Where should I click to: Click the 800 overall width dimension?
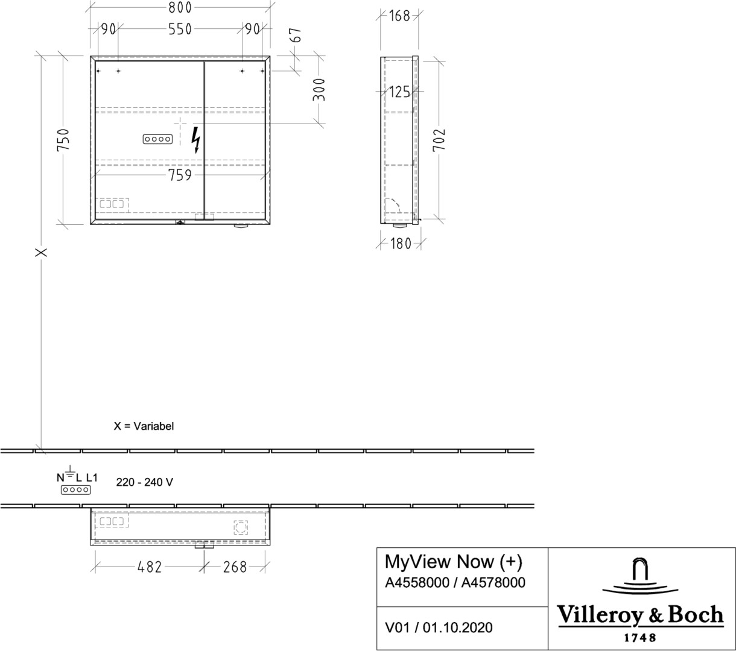pyautogui.click(x=180, y=8)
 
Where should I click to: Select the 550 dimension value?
pyautogui.click(x=180, y=29)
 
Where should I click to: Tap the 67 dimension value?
pyautogui.click(x=296, y=35)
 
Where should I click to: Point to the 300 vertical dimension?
pyautogui.click(x=319, y=90)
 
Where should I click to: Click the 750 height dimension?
pyautogui.click(x=63, y=140)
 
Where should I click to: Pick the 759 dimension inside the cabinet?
pyautogui.click(x=180, y=175)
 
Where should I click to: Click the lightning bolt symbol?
pyautogui.click(x=196, y=140)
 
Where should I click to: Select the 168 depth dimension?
pyautogui.click(x=399, y=16)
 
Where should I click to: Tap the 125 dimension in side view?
pyautogui.click(x=399, y=92)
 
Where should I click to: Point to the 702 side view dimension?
pyautogui.click(x=439, y=140)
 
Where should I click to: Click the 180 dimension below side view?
pyautogui.click(x=401, y=244)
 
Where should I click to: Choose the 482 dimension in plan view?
pyautogui.click(x=150, y=567)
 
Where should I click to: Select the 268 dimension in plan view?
pyautogui.click(x=235, y=567)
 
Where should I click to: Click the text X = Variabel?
pyautogui.click(x=144, y=426)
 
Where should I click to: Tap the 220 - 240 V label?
pyautogui.click(x=145, y=482)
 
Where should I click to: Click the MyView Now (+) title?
pyautogui.click(x=454, y=562)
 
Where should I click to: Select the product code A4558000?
pyautogui.click(x=417, y=582)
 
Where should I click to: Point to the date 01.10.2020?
pyautogui.click(x=457, y=627)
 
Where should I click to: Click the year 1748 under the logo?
pyautogui.click(x=639, y=638)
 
